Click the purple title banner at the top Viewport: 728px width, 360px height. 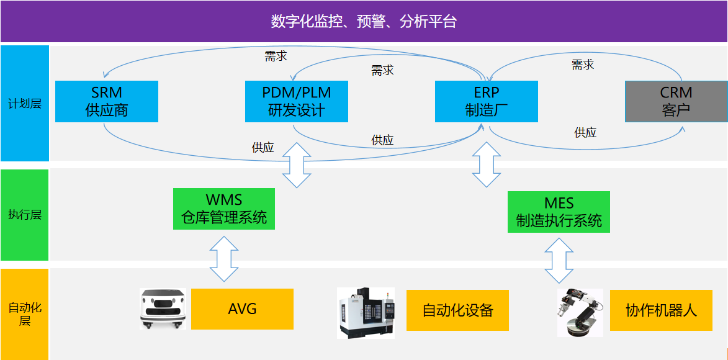pyautogui.click(x=364, y=21)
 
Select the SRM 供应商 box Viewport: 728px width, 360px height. pyautogui.click(x=106, y=101)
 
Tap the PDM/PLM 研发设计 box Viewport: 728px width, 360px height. pyautogui.click(x=296, y=101)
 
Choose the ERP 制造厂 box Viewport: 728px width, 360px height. pyautogui.click(x=486, y=101)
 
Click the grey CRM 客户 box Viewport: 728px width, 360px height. pyautogui.click(x=676, y=101)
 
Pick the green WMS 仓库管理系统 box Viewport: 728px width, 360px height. pyautogui.click(x=224, y=209)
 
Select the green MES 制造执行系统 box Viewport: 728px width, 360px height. pyautogui.click(x=559, y=212)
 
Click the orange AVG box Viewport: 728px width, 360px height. pyautogui.click(x=242, y=309)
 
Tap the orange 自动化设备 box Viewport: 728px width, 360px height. pyautogui.click(x=457, y=310)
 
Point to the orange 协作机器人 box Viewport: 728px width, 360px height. pyautogui.click(x=661, y=310)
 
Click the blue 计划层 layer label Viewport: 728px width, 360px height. pyautogui.click(x=24, y=103)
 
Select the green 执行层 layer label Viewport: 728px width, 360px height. pyautogui.click(x=24, y=215)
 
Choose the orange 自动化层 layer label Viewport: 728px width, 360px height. pyautogui.click(x=24, y=314)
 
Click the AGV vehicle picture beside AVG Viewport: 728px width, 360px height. pyautogui.click(x=163, y=308)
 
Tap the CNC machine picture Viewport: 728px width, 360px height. pyautogui.click(x=366, y=312)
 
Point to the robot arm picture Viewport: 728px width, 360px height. pyautogui.click(x=580, y=312)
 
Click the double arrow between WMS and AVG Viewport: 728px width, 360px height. pyautogui.click(x=224, y=256)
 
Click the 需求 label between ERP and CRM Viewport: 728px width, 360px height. pyautogui.click(x=583, y=65)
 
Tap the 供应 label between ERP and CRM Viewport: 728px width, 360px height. pyautogui.click(x=585, y=132)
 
